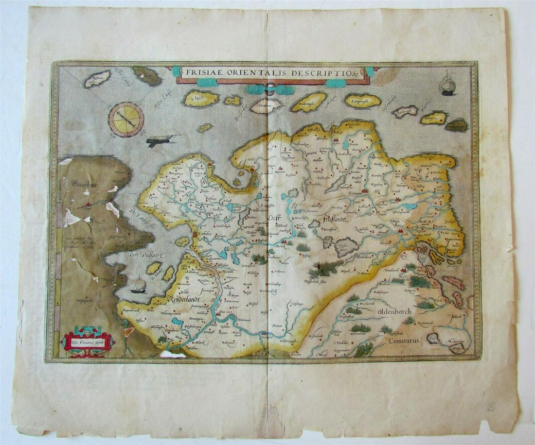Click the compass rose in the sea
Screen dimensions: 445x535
click(126, 120)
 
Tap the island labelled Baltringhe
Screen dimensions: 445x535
click(308, 102)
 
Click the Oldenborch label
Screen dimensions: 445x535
click(393, 311)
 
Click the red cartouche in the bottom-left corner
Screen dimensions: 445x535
click(88, 342)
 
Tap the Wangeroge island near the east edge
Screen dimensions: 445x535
click(434, 118)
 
